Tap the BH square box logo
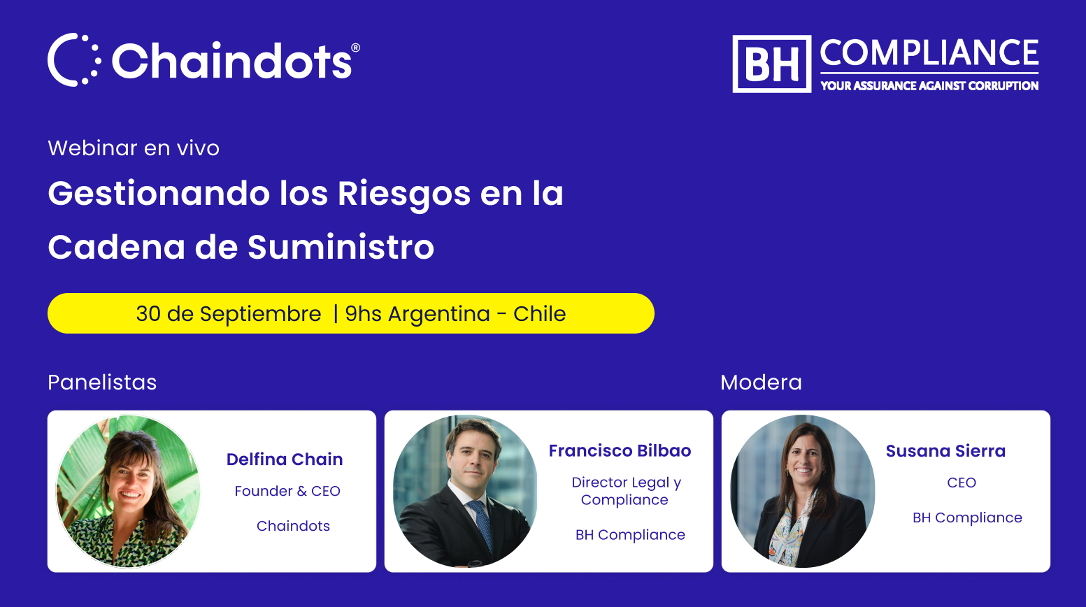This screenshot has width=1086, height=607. click(x=771, y=64)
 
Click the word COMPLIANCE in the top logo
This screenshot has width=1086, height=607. click(x=929, y=52)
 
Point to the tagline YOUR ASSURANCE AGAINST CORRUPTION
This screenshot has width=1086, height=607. click(x=929, y=86)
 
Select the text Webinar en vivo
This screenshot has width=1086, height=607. click(x=134, y=148)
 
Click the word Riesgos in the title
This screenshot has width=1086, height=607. click(x=404, y=194)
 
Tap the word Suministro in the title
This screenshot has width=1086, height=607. click(x=341, y=247)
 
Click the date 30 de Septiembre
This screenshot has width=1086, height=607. click(x=229, y=314)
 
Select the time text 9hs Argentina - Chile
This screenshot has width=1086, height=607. click(x=455, y=314)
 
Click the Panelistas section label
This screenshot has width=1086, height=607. click(x=102, y=382)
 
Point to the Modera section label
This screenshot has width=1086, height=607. click(x=761, y=382)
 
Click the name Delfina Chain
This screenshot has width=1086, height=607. click(x=285, y=459)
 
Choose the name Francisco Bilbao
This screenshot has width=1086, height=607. click(x=620, y=450)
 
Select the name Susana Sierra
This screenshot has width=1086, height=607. click(x=945, y=451)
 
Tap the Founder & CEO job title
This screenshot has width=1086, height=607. click(x=287, y=491)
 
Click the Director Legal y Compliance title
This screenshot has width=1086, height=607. click(x=626, y=491)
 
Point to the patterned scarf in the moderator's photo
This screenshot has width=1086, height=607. click(x=788, y=534)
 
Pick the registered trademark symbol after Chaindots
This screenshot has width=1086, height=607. click(x=355, y=48)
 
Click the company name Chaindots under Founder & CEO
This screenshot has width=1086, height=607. click(x=293, y=526)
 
